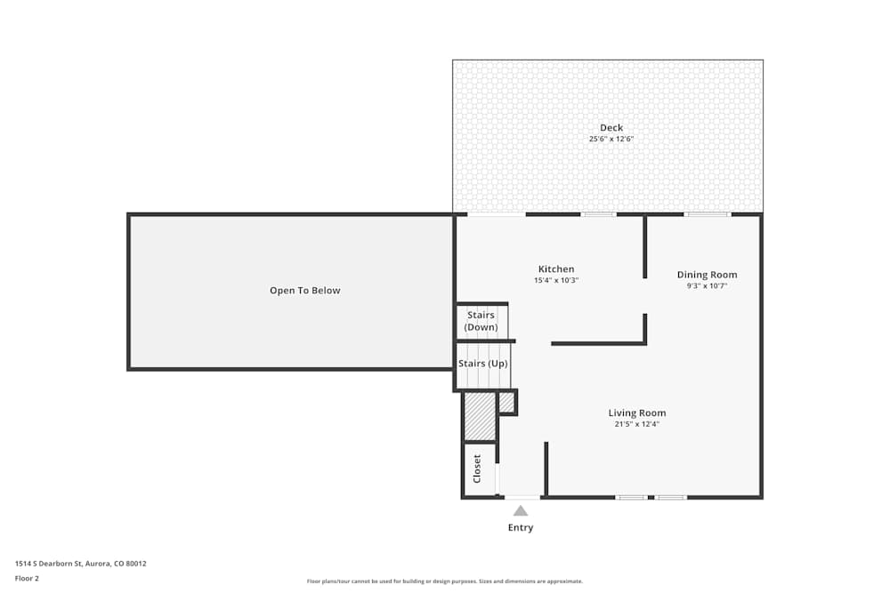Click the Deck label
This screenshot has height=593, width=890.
611,128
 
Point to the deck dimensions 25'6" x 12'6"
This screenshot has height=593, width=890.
611,140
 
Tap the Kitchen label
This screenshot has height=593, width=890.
556,269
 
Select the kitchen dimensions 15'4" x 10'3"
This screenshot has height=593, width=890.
556,281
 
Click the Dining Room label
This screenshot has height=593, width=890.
707,275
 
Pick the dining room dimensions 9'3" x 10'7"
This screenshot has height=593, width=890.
707,286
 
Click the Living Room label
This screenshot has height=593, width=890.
637,413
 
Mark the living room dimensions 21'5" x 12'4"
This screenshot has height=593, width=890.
637,424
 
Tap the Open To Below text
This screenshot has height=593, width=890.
305,291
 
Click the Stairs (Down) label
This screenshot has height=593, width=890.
481,321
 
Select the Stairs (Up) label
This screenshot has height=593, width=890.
483,364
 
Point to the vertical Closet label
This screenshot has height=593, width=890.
477,469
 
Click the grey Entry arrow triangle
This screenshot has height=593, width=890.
521,510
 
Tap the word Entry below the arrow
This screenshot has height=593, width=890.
521,528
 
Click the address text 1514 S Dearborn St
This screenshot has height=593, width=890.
81,564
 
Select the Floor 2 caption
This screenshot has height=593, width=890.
27,578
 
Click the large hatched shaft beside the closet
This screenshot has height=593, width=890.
480,416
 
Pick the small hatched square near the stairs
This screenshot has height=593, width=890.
506,403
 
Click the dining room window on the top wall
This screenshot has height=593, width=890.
708,214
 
